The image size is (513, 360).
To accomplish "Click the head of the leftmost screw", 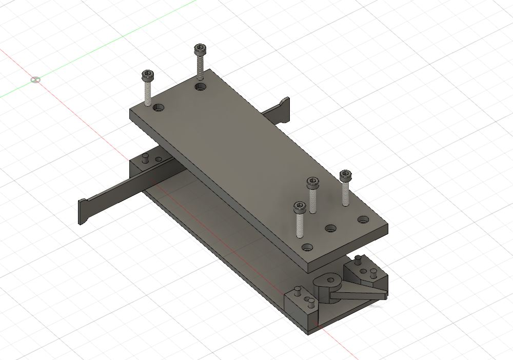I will point(148,76).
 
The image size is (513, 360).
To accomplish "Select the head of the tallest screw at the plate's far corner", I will point(200,49).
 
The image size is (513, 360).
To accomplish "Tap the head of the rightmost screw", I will point(347,176).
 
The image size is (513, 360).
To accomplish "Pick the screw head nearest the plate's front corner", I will point(299,207).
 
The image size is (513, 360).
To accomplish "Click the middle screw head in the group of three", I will point(312,182).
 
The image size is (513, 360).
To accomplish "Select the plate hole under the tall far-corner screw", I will point(201,87).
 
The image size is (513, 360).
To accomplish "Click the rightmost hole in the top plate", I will point(364,219).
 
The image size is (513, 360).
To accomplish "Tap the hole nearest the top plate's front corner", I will point(307,247).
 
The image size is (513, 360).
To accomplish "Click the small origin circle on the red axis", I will point(35,79).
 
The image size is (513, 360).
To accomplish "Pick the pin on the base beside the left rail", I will point(146,158).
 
